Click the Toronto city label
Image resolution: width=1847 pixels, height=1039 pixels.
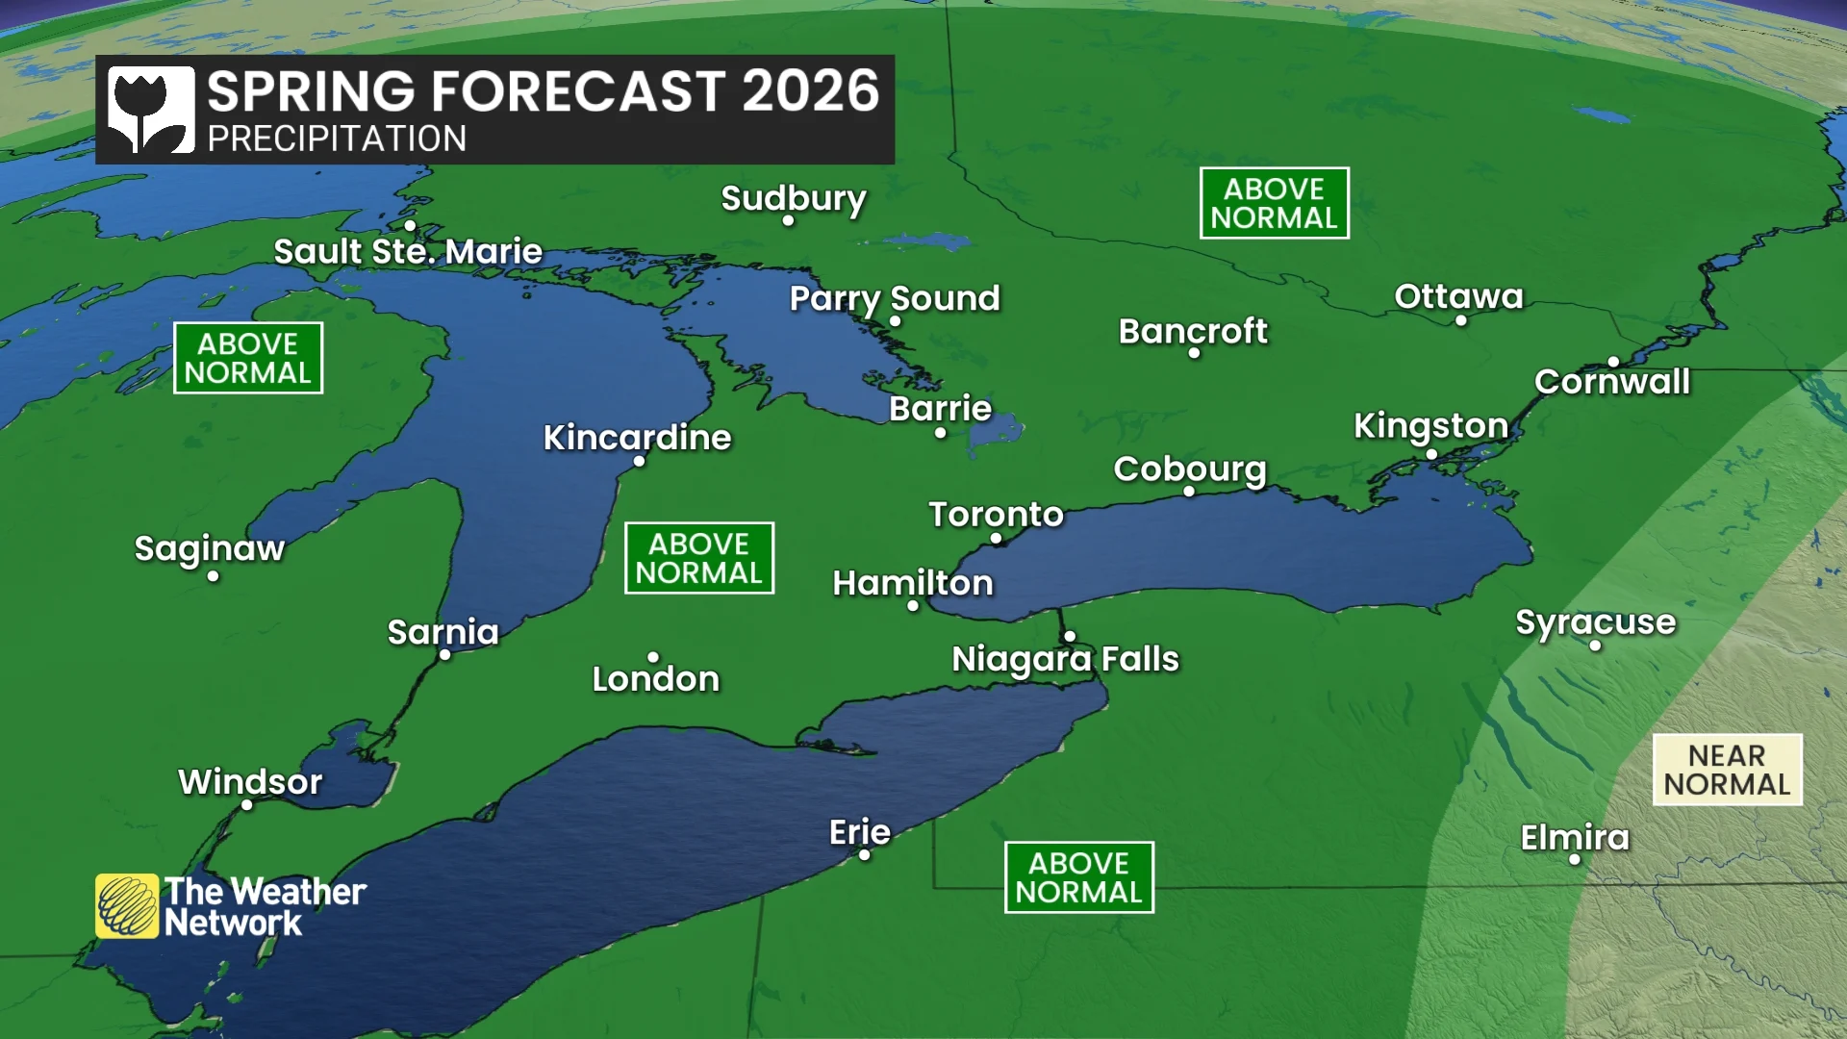coord(996,515)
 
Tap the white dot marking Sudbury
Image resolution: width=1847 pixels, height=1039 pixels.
coord(788,221)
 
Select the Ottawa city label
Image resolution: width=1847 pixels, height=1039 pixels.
coord(1458,296)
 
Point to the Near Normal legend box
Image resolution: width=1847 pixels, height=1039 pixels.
coord(1727,770)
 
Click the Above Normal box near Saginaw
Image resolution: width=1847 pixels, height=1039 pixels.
coord(248,358)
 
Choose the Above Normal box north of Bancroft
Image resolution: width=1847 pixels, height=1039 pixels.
coord(1274,203)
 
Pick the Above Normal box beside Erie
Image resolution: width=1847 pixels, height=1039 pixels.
coord(1078,877)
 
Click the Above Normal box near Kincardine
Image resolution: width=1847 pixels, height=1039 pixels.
coord(698,558)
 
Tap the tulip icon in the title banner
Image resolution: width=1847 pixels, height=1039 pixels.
coord(150,110)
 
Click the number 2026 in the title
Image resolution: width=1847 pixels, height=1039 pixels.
coord(810,91)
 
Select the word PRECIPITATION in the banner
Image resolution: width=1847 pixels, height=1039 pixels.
coord(337,139)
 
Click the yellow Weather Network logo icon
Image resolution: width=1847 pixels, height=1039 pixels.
coord(127,906)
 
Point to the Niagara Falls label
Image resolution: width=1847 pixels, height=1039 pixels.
coord(1065,659)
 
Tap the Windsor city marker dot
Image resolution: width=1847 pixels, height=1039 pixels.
coord(247,805)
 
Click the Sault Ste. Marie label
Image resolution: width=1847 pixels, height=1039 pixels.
coord(408,252)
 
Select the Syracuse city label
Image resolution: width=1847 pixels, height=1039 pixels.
coord(1595,622)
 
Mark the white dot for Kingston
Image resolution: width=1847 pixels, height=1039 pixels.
coord(1431,454)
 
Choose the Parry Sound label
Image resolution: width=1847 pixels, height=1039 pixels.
coord(895,298)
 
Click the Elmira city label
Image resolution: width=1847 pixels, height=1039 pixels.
coord(1575,838)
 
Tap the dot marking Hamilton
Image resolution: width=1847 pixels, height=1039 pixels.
coord(913,606)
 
